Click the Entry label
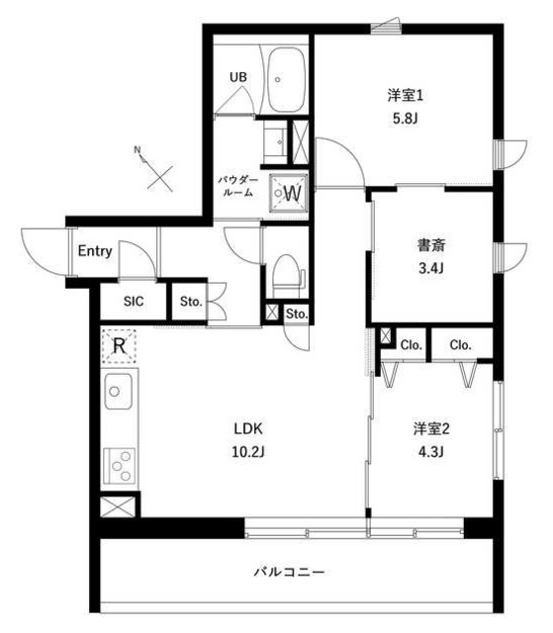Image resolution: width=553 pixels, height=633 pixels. [95, 251]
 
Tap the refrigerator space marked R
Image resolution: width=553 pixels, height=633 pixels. [119, 345]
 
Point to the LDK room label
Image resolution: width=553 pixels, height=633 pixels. [248, 429]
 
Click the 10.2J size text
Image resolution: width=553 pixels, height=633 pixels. [248, 452]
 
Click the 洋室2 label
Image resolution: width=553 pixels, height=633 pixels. [431, 429]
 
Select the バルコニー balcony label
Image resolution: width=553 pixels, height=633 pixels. [290, 572]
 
